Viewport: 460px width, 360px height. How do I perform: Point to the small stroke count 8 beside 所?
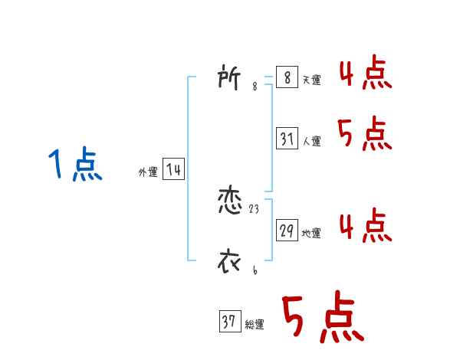tap(255, 87)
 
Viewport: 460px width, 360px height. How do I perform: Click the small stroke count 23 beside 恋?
tap(255, 208)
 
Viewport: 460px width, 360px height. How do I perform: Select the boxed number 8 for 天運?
tap(287, 78)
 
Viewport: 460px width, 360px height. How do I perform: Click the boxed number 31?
tap(287, 139)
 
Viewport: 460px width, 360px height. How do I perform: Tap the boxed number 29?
tap(287, 231)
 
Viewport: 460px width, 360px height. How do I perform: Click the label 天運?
tap(312, 80)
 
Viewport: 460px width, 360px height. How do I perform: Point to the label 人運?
tap(312, 141)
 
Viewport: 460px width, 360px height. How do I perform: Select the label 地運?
tap(312, 233)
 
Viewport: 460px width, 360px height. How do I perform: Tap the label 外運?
tap(148, 172)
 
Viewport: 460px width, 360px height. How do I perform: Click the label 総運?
tap(255, 325)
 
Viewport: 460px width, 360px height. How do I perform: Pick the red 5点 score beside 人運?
tap(365, 135)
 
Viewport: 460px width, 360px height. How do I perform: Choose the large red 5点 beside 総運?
tap(321, 317)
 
